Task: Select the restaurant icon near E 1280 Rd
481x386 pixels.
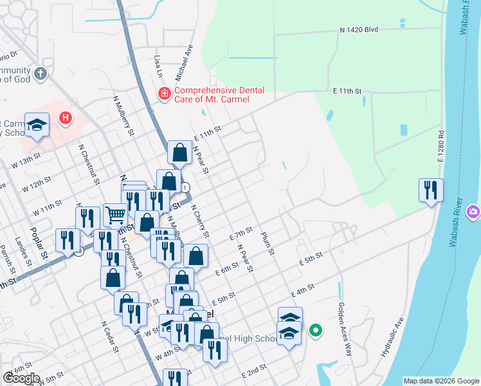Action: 431,190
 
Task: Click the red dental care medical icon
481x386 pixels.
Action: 165,95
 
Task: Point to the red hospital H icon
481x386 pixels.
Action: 65,118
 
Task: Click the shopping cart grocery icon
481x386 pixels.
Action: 115,214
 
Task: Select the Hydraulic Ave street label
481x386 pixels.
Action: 393,337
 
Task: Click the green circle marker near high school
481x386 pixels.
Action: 315,331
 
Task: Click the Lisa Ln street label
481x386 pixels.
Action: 158,66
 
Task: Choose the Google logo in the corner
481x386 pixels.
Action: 21,378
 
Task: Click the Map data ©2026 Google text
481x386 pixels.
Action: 441,381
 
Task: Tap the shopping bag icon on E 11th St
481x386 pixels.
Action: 179,152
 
